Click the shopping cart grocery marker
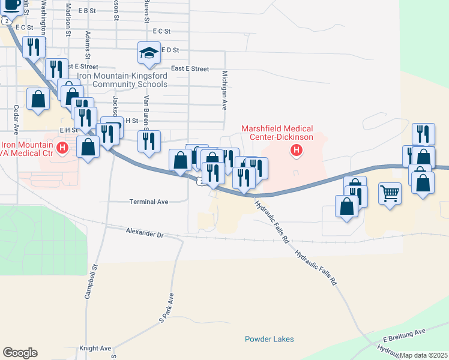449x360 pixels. pos(390,194)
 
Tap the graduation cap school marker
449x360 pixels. pos(148,53)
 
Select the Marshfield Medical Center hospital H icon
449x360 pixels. pos(295,150)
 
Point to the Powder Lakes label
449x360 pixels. pos(270,339)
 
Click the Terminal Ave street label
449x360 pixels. pos(149,202)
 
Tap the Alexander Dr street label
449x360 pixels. pos(145,230)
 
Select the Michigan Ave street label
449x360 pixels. pos(224,90)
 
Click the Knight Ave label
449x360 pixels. pos(95,348)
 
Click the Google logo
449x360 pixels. pos(20,353)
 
